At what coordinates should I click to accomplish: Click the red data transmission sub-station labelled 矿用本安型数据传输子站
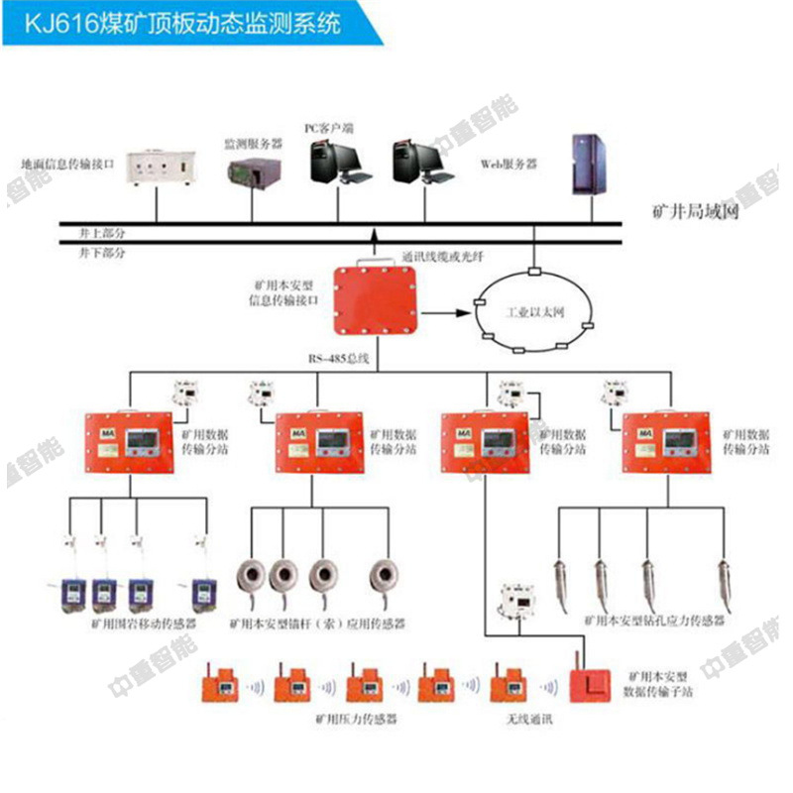592,682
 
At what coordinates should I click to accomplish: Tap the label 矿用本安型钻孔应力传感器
653,620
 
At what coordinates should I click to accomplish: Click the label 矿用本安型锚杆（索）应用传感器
316,624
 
